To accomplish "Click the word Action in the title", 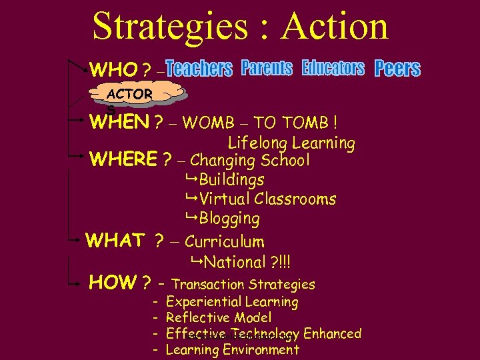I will tap(335, 27).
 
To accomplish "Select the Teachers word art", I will tap(199, 68).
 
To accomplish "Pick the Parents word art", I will tap(267, 68).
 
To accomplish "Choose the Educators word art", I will tap(333, 68).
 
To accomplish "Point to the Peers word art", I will tap(397, 69).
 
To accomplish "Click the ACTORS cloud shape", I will tap(129, 95).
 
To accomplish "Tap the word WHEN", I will tap(119, 123).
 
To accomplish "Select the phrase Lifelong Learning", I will tap(291, 143).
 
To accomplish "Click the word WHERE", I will tap(123, 160).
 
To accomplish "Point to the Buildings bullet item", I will tap(231, 179).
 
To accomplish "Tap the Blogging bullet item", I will tap(229, 218).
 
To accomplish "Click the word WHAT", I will tap(115, 241).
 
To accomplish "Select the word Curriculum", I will tap(224, 241).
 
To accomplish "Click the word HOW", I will tap(113, 283).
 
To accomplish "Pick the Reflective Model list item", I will tap(218, 318).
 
